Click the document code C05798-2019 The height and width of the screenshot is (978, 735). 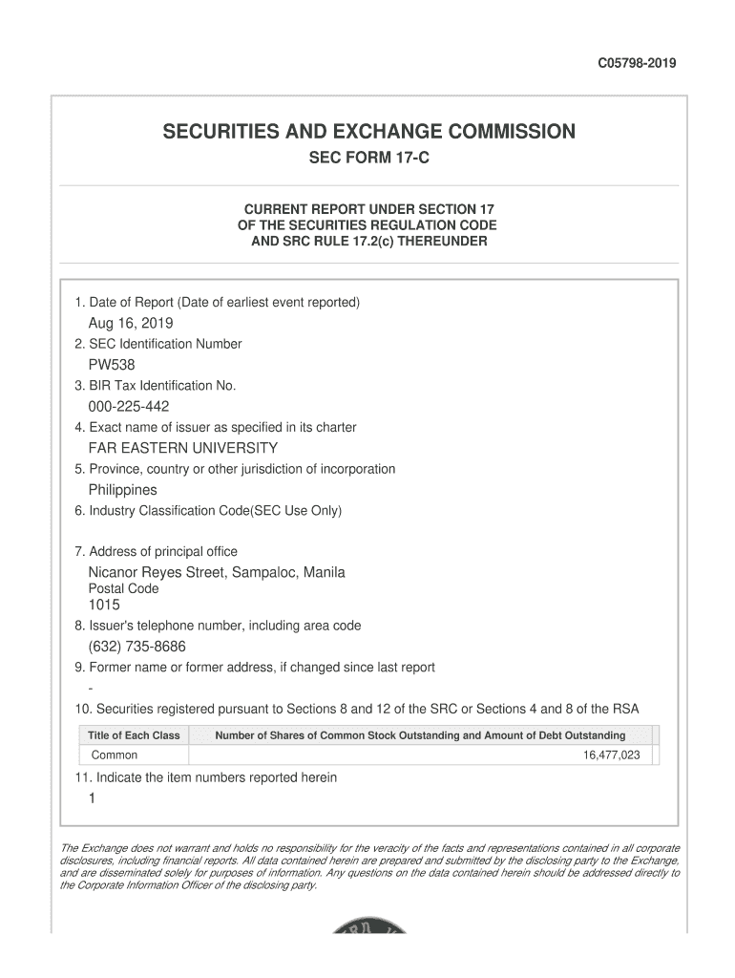point(637,64)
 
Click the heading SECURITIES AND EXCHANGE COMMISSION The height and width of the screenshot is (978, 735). point(368,131)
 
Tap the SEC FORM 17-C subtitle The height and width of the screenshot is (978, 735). point(368,159)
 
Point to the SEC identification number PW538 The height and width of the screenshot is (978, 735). point(112,365)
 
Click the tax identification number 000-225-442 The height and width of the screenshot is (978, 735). point(129,407)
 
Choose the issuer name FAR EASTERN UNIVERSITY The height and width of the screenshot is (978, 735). point(183,448)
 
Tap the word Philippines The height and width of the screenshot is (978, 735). point(123,490)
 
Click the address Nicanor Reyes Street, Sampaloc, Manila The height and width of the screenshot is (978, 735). point(217,572)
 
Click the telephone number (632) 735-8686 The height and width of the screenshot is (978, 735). point(136,647)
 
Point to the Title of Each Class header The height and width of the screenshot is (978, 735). point(134,735)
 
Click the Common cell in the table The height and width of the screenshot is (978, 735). point(115,755)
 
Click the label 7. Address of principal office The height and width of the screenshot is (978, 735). point(156,551)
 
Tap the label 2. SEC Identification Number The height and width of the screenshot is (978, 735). point(158,344)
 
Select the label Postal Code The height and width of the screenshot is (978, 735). point(124,589)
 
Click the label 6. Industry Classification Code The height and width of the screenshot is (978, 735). point(208,511)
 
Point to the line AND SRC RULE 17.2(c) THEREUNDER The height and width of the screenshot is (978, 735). point(368,242)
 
